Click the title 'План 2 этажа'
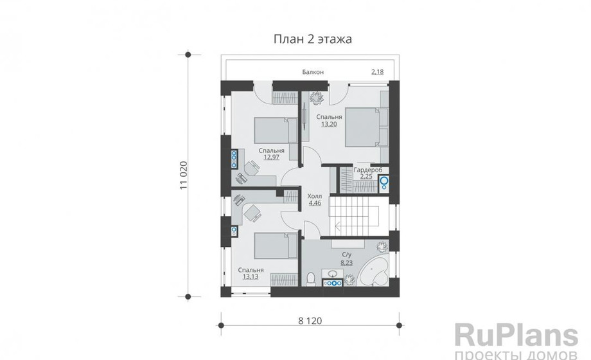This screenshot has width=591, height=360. (312, 39)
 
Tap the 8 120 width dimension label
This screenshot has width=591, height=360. (310, 321)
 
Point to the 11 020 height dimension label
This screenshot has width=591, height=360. (184, 175)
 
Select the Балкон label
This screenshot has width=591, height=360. (313, 72)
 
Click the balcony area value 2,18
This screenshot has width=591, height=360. (377, 72)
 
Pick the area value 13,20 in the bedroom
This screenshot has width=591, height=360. (329, 124)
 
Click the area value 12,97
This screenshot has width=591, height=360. (271, 157)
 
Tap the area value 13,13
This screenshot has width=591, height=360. (251, 276)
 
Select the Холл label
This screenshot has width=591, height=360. (315, 196)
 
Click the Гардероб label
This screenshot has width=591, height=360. (368, 170)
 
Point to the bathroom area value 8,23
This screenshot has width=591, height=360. (346, 263)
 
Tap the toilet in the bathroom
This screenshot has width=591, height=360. (311, 279)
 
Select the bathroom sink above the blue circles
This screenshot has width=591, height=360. (332, 274)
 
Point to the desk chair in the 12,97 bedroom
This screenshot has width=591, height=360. (252, 168)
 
